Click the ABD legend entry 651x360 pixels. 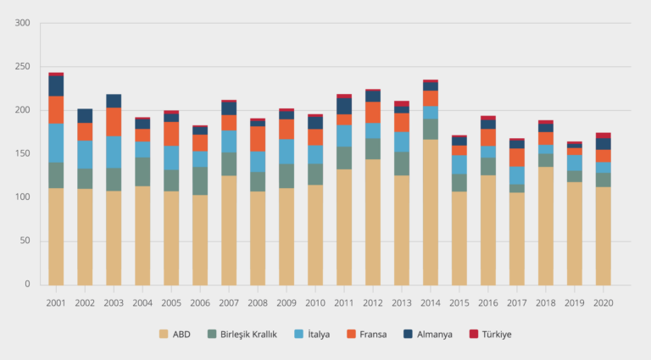coord(175,334)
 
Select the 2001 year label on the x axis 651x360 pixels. coord(56,302)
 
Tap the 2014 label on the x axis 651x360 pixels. coord(431,302)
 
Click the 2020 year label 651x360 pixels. coord(603,302)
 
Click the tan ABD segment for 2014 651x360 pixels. coord(431,212)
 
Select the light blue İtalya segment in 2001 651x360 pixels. coord(56,142)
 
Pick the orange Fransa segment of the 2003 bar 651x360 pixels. coord(114,122)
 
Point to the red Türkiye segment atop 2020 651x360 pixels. coord(603,136)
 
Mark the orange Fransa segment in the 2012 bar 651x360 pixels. coord(373,112)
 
